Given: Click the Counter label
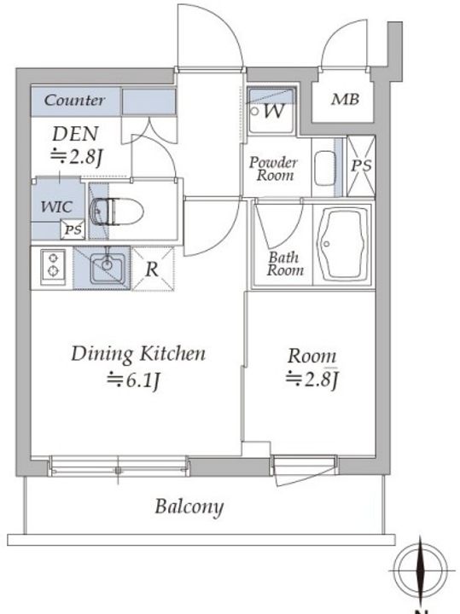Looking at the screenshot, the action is (74, 101).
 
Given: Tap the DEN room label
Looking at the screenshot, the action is (75, 134).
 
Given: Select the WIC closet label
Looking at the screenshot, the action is (57, 206).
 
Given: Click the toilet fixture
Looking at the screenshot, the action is (117, 211).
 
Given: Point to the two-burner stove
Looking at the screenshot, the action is (53, 264).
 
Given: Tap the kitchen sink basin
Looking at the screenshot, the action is (108, 267).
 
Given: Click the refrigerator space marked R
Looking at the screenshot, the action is (153, 269).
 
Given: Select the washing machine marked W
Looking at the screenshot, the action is (271, 111).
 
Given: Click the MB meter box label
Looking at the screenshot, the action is (345, 100).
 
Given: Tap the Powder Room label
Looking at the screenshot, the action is (274, 168).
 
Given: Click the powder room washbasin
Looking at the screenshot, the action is (325, 168).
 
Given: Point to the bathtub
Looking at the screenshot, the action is (343, 245).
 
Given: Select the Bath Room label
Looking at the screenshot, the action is (285, 264).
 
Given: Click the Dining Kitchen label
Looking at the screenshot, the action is (138, 354).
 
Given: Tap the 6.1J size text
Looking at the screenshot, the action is (134, 379).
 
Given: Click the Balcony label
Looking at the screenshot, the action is (189, 507).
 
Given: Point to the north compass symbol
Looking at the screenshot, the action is (420, 571).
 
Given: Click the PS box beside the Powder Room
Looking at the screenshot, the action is (361, 166).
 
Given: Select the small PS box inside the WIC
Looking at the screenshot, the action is (73, 229).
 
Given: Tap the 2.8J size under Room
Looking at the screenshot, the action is (312, 379).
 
